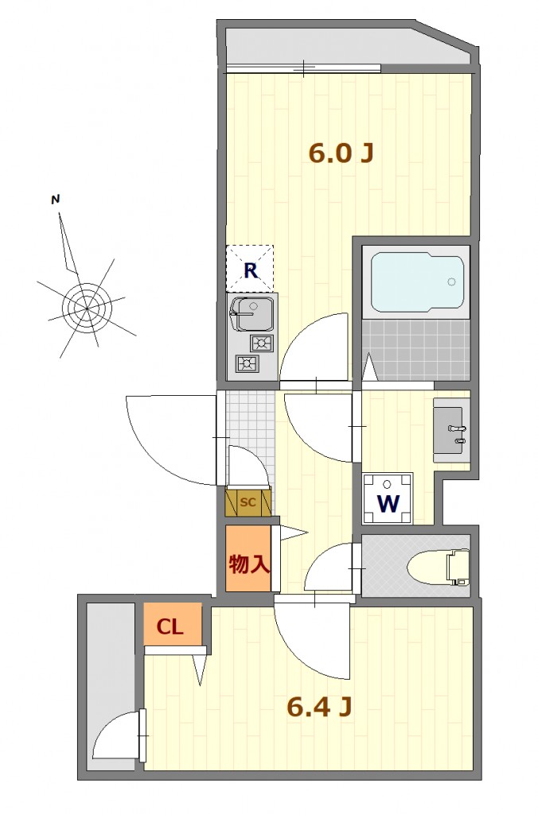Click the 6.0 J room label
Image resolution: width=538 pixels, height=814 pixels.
341,153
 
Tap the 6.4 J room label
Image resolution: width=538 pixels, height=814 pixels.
320,706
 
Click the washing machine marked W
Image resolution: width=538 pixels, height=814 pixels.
388,499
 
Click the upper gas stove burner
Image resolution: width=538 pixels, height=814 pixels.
262,343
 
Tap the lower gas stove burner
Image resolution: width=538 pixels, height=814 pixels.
247,362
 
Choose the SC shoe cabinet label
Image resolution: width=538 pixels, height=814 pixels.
248,502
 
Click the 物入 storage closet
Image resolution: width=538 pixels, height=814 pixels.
248,559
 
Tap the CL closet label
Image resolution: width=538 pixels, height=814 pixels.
170,627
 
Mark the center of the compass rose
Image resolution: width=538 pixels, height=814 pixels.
87,308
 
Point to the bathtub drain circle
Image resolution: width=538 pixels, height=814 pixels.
451,282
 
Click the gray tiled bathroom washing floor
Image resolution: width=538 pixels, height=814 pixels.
416,351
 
